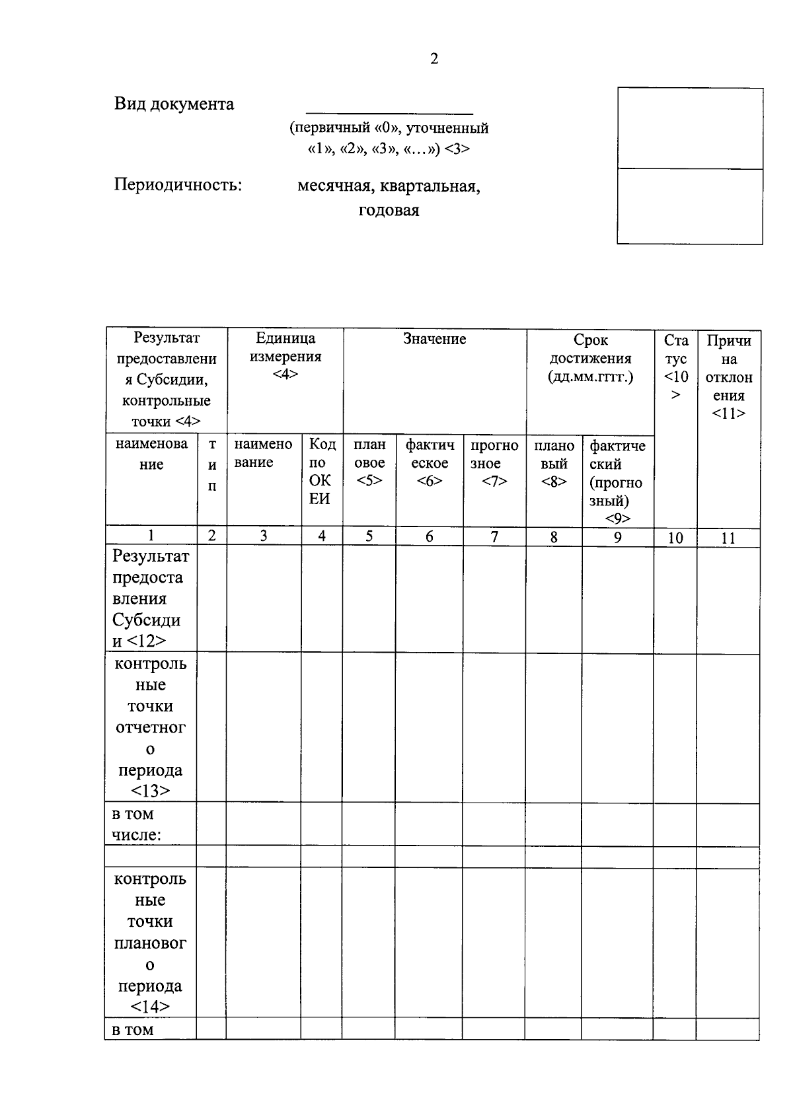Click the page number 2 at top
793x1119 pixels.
(434, 59)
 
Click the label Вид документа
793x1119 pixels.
(174, 104)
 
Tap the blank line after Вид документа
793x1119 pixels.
(390, 110)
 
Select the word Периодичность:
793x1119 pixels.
(178, 185)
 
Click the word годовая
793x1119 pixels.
(389, 211)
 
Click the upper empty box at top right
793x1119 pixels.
(689, 129)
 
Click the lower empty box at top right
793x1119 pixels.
(689, 206)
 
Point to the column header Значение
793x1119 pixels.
(434, 340)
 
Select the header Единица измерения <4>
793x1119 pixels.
(285, 356)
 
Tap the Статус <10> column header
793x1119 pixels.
(675, 367)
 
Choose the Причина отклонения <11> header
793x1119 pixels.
(728, 377)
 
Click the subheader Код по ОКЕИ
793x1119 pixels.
(322, 471)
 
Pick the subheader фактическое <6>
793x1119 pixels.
(430, 464)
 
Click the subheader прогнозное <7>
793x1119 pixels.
(494, 464)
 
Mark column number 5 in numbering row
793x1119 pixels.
(369, 536)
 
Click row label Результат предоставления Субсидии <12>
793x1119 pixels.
(151, 598)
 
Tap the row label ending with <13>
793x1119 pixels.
(151, 727)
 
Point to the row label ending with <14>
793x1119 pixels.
(151, 943)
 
